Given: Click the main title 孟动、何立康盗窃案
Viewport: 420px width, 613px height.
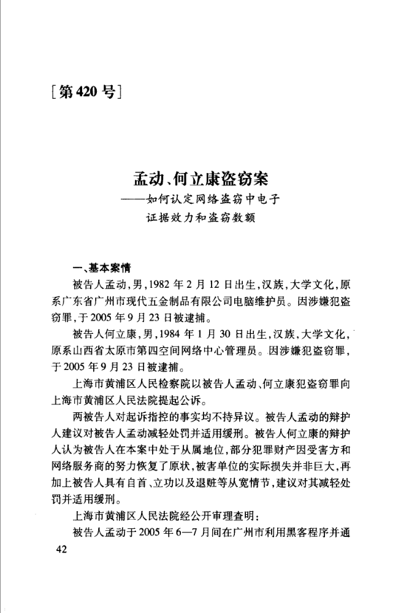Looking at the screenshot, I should (x=202, y=182).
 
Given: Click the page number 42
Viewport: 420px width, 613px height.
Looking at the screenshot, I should (x=60, y=549).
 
